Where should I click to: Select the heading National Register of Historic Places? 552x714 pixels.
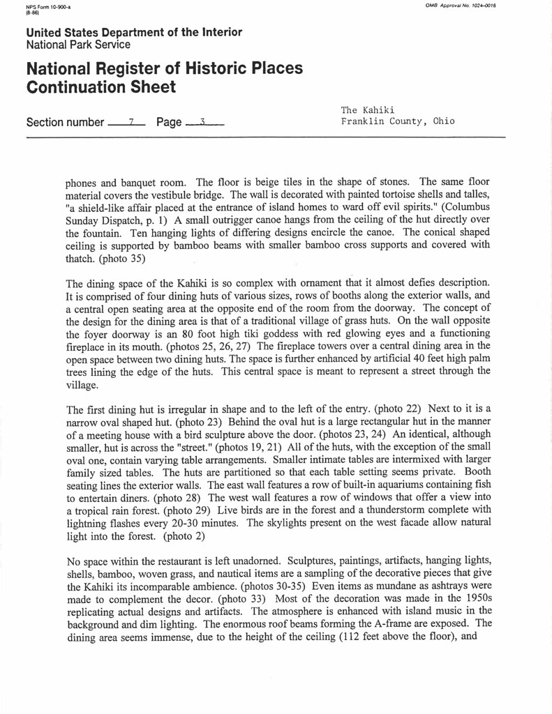(x=164, y=68)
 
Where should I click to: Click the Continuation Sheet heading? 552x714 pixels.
(x=101, y=87)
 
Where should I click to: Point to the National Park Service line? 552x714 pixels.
(x=78, y=45)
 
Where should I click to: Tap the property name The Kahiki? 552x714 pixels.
(x=368, y=110)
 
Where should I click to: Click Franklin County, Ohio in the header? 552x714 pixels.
(x=397, y=121)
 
